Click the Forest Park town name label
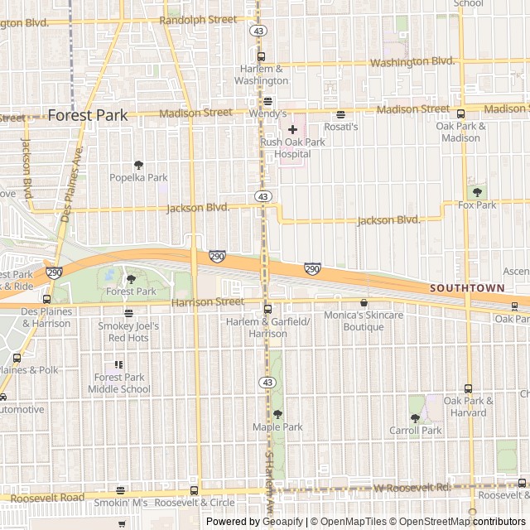pos(88,115)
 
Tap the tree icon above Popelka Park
pos(138,165)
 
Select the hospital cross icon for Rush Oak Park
pos(292,129)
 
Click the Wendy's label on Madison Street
pos(267,113)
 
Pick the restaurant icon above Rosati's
pos(340,114)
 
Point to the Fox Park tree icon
pos(477,192)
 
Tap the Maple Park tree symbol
pos(277,414)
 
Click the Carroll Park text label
pos(416,431)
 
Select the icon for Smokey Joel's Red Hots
pos(128,313)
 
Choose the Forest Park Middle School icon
pos(119,364)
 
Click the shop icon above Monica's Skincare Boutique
pos(364,303)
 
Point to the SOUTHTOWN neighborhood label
pos(466,288)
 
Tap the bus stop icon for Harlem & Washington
pos(261,57)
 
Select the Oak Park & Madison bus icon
pos(460,113)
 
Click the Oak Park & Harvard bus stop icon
pos(468,388)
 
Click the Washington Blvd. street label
pos(412,61)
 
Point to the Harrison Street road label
pos(208,302)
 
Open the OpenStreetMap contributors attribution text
pos(470,522)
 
